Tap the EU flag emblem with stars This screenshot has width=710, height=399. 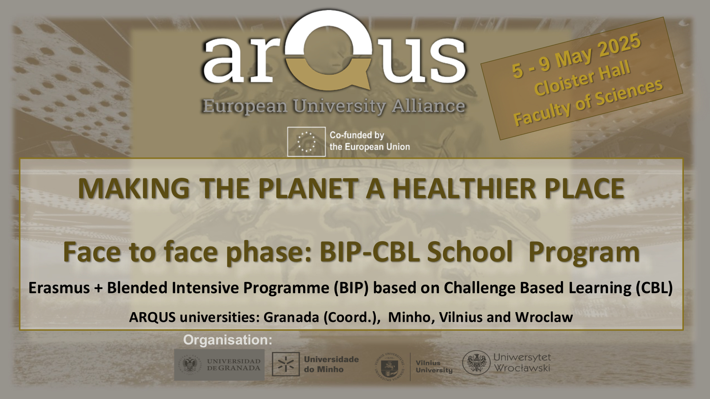coord(306,141)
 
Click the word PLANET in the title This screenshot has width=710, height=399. coord(308,189)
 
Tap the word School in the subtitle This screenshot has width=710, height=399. coord(470,252)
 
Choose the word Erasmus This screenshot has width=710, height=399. coord(59,288)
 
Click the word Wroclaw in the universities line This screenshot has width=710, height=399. coord(544,317)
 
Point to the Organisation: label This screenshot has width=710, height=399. coord(228,340)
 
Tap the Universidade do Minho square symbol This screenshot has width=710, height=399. coord(286,364)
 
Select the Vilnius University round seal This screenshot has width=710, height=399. coord(390,366)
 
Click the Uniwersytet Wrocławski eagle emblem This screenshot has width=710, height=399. coord(476,363)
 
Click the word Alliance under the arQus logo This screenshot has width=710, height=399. coord(428,106)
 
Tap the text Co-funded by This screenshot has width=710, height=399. coord(357,135)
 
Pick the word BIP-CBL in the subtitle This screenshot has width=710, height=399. coord(370,252)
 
